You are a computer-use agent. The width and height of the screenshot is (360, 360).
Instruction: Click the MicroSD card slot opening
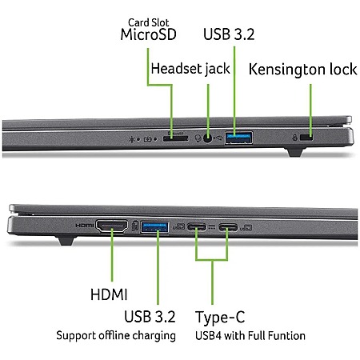pyautogui.click(x=175, y=138)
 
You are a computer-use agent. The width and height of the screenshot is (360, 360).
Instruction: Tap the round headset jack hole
pyautogui.click(x=207, y=138)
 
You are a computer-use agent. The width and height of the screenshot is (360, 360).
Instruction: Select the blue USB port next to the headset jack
pyautogui.click(x=239, y=138)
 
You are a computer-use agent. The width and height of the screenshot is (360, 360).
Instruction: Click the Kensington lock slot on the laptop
pyautogui.click(x=306, y=138)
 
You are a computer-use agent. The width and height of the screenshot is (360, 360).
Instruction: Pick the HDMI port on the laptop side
pyautogui.click(x=112, y=226)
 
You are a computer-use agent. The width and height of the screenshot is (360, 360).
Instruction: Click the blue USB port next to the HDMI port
pyautogui.click(x=154, y=227)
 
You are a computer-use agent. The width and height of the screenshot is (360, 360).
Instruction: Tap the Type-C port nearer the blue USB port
pyautogui.click(x=197, y=227)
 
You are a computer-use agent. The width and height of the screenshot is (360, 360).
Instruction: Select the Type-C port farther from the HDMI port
pyautogui.click(x=228, y=227)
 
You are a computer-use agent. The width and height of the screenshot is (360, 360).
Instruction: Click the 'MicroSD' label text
pyautogui.click(x=148, y=34)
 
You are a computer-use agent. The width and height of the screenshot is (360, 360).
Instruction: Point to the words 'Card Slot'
pyautogui.click(x=148, y=22)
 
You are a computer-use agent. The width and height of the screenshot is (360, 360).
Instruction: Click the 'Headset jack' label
pyautogui.click(x=190, y=69)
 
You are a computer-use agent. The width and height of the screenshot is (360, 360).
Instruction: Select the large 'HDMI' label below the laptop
pyautogui.click(x=109, y=294)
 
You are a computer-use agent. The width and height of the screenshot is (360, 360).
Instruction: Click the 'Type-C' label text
pyautogui.click(x=220, y=318)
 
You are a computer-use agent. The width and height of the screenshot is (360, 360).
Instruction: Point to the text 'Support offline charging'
pyautogui.click(x=116, y=335)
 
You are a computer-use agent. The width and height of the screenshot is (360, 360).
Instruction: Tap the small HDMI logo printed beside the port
pyautogui.click(x=85, y=226)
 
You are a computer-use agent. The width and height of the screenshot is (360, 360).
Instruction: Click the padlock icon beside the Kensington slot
pyautogui.click(x=294, y=138)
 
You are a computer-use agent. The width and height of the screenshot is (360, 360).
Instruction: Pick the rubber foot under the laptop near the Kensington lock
pyautogui.click(x=294, y=152)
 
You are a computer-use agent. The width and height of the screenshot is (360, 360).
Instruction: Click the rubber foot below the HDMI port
pyautogui.click(x=66, y=239)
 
